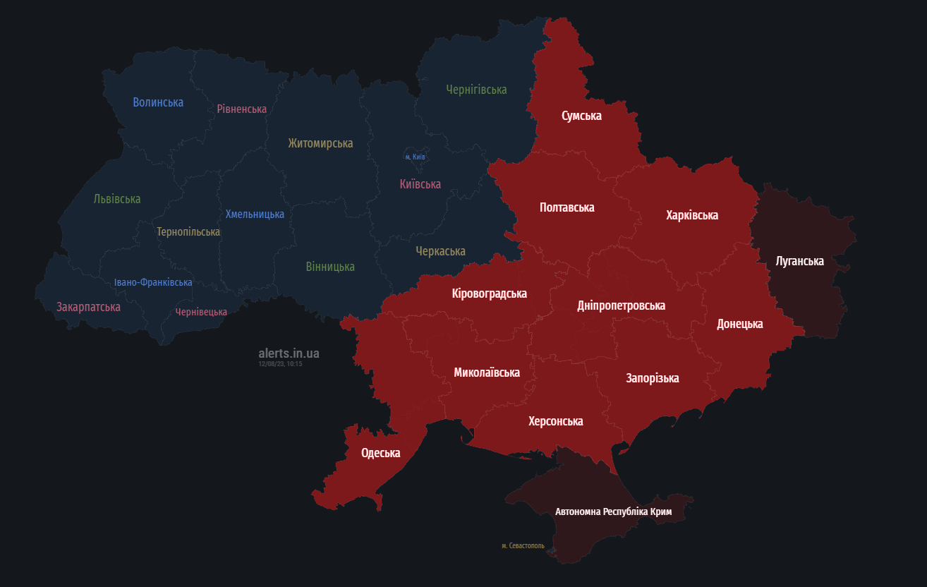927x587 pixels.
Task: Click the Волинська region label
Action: point(158,102)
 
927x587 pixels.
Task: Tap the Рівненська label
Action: point(241,109)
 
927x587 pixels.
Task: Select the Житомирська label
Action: point(320,143)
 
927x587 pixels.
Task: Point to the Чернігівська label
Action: point(476,90)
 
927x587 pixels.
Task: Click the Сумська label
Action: point(581,116)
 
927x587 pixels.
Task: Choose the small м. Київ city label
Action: point(415,157)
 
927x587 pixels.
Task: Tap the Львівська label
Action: point(117,199)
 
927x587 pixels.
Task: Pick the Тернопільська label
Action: point(188,231)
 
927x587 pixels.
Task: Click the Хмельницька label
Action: point(255,214)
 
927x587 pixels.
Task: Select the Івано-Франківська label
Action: point(153,282)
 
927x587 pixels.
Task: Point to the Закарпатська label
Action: point(88,307)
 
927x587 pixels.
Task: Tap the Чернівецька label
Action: point(201,312)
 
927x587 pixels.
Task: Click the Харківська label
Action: point(692,215)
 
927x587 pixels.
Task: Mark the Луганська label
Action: point(799,261)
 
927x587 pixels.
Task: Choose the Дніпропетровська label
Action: point(621,305)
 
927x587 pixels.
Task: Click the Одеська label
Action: point(380,453)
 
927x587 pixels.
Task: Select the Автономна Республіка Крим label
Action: point(613,512)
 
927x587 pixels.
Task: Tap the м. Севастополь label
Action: point(523,545)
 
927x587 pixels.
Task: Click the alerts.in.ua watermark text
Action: point(289,353)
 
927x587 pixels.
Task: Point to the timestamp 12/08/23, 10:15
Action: point(280,364)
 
